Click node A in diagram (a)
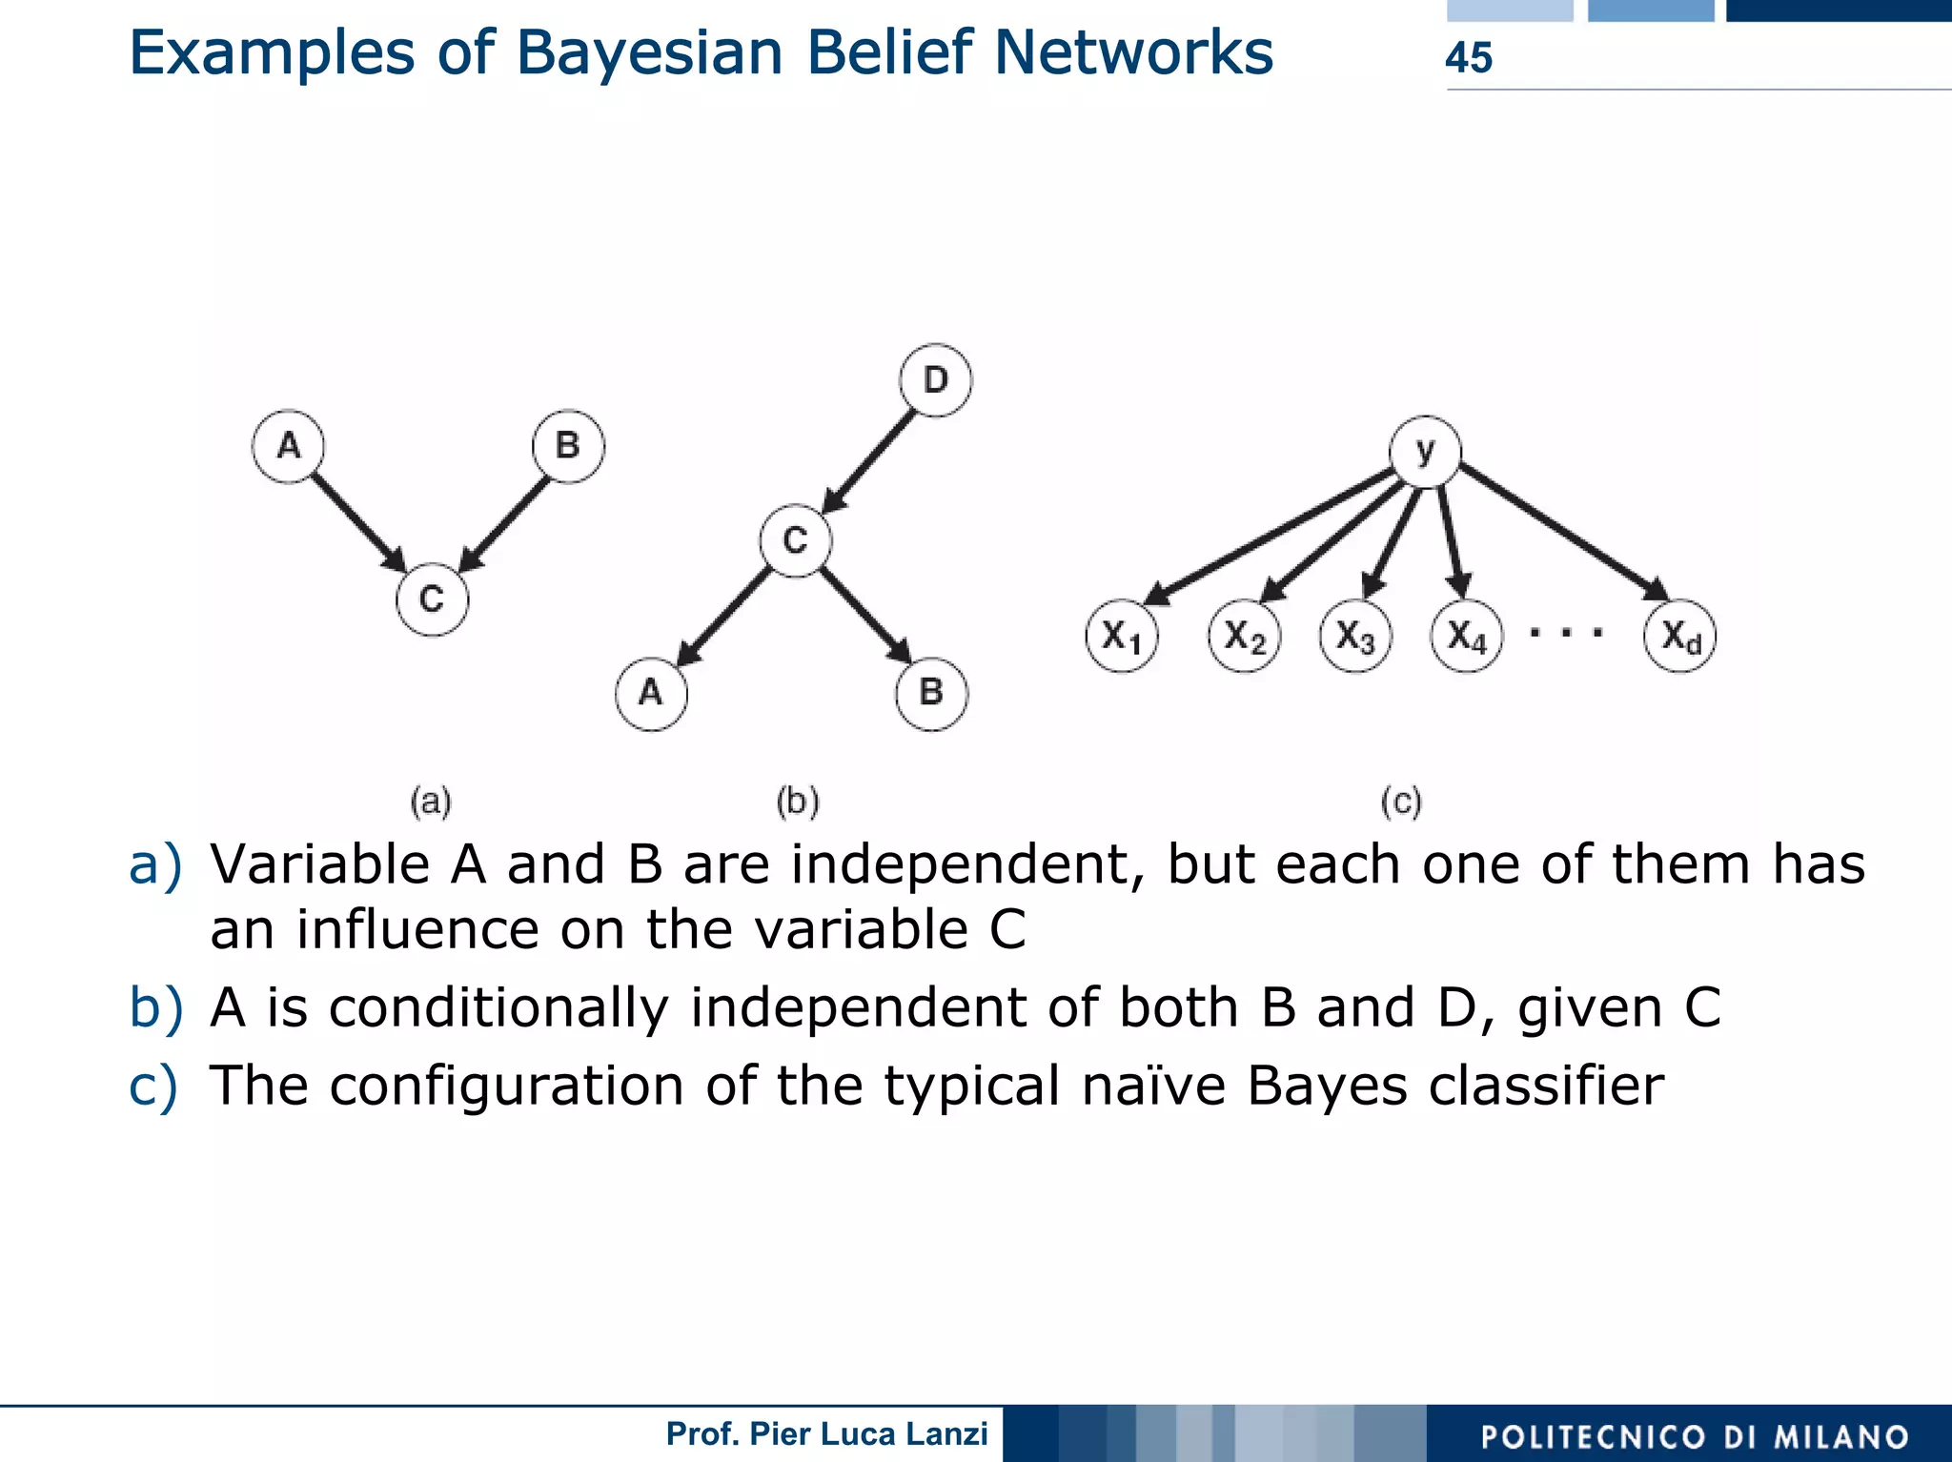(289, 446)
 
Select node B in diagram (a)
(568, 446)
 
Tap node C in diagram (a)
(432, 599)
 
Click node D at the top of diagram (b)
(935, 380)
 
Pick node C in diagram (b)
(796, 541)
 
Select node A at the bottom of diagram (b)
(651, 693)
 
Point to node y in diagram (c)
(1425, 452)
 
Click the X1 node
(1122, 636)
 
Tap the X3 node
(1355, 636)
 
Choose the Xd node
(1679, 636)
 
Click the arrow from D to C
(869, 462)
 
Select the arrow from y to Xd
(1563, 531)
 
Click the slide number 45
(1468, 58)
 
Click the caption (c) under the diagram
(1401, 802)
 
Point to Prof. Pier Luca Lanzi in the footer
(826, 1433)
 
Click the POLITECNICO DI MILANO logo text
(1695, 1436)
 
